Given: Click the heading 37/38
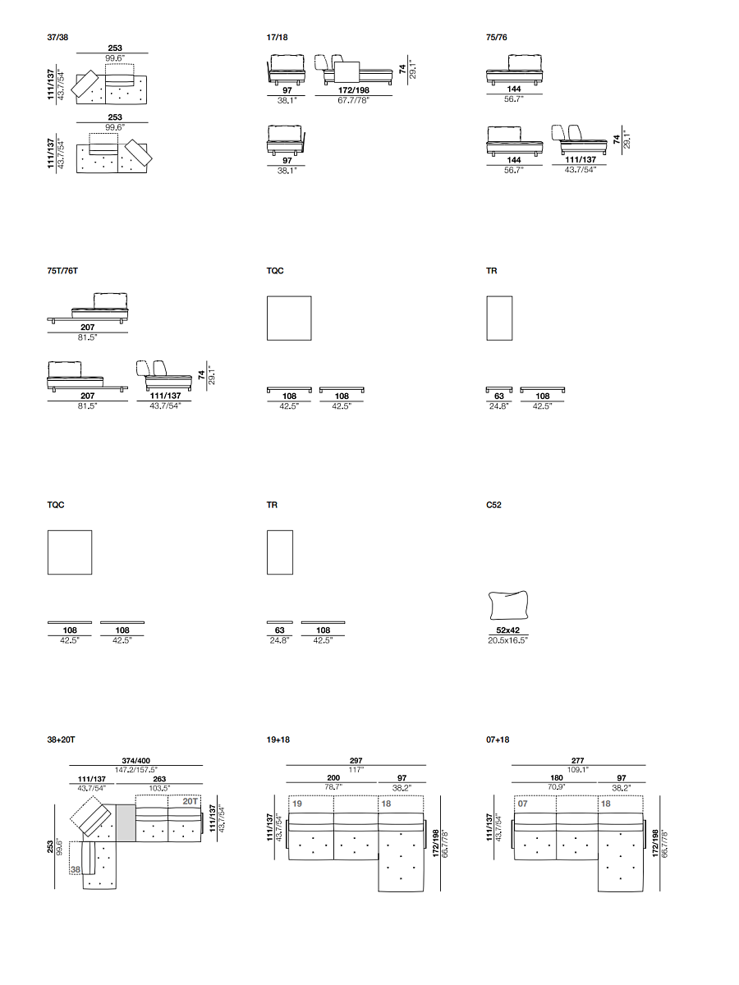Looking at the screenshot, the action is pyautogui.click(x=57, y=37).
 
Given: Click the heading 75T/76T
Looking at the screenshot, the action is pyautogui.click(x=62, y=271).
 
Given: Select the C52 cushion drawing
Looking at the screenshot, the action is pyautogui.click(x=508, y=605).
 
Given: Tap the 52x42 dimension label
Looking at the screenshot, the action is pyautogui.click(x=508, y=630).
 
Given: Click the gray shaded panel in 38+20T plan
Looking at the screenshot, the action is pyautogui.click(x=126, y=823).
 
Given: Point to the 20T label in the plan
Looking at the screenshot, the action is pyautogui.click(x=190, y=801).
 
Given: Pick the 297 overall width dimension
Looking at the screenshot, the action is pyautogui.click(x=356, y=761).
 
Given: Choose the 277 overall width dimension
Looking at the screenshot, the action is pyautogui.click(x=578, y=761).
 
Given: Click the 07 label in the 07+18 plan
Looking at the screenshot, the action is pyautogui.click(x=523, y=804).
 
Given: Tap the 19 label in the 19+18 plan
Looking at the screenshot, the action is pyautogui.click(x=297, y=804).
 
